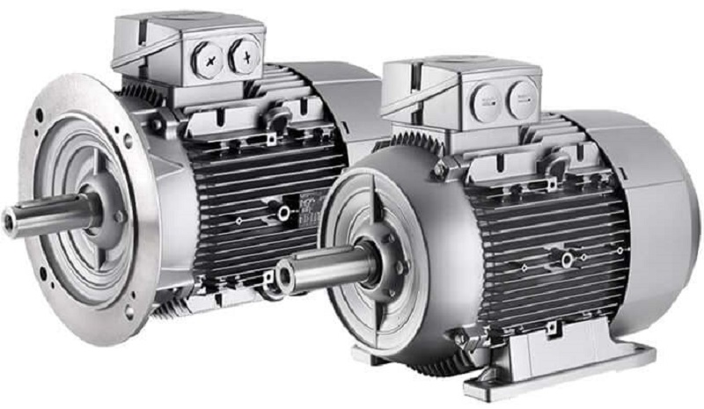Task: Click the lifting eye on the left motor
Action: click(280, 120)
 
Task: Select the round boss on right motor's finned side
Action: click(567, 259)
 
